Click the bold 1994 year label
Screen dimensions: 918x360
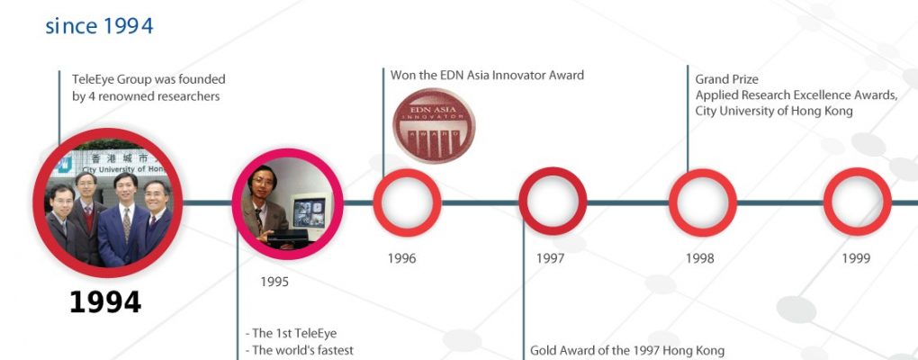(x=105, y=302)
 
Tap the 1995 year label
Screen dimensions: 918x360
(x=274, y=282)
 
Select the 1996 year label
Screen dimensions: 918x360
(x=401, y=258)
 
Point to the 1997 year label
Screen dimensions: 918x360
(x=550, y=258)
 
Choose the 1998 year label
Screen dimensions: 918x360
(x=700, y=258)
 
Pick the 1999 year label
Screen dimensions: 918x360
(x=856, y=258)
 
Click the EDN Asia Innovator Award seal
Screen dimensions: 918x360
(x=434, y=126)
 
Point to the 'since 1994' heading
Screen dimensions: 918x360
(x=100, y=26)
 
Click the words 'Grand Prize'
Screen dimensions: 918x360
(x=726, y=79)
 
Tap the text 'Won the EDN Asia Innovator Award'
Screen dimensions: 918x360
(x=487, y=75)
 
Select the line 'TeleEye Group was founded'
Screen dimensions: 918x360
(x=148, y=79)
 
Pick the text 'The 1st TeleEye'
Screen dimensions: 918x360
(x=291, y=334)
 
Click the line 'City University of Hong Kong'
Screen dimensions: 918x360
(x=774, y=111)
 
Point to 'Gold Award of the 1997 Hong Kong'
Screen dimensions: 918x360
(x=627, y=351)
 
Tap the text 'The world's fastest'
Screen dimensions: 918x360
(x=299, y=351)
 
